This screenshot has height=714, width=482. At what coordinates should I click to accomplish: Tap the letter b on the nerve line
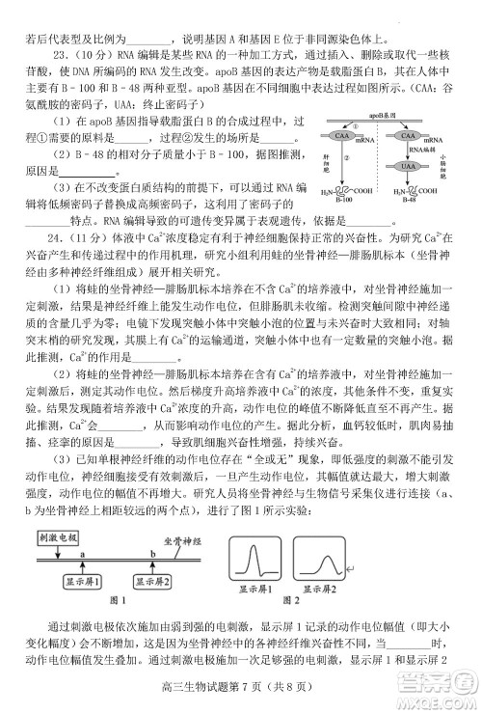point(154,552)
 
